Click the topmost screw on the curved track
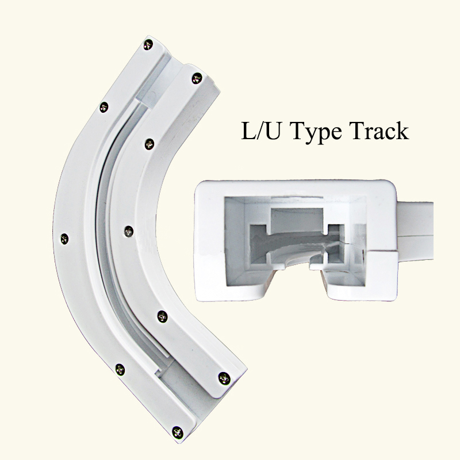click(x=148, y=45)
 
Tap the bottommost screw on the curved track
click(x=178, y=432)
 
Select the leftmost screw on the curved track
click(x=64, y=239)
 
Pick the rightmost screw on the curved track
click(x=224, y=378)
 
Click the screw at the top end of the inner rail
click(x=197, y=78)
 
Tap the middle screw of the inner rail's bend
click(x=129, y=232)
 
